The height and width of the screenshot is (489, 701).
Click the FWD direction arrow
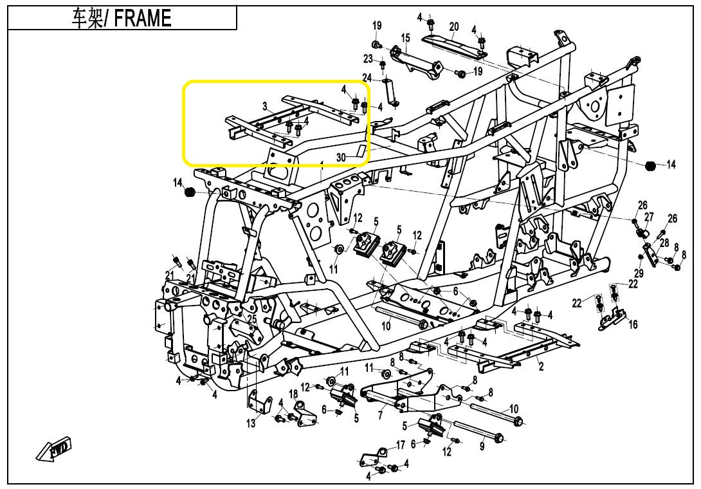(53, 448)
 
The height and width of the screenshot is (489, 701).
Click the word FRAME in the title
(143, 19)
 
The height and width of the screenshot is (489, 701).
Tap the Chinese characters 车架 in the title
(87, 19)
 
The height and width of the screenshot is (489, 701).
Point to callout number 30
(341, 158)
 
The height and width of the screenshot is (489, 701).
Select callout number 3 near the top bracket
(265, 106)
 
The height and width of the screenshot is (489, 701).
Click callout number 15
(406, 37)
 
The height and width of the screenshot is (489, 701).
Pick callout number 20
(454, 26)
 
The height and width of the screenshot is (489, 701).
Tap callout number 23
(368, 59)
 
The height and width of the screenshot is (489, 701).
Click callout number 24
(367, 78)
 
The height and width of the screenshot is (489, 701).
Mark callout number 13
(251, 423)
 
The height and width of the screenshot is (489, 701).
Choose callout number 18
(293, 394)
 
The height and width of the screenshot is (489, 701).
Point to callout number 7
(380, 416)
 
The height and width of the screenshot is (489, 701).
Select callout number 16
(633, 324)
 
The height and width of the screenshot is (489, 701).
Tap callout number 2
(542, 367)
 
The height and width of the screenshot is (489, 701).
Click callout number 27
(649, 217)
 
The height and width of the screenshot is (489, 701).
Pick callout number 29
(639, 273)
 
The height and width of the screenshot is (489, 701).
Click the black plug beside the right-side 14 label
(650, 166)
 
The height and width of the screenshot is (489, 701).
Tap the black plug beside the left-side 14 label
(190, 192)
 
